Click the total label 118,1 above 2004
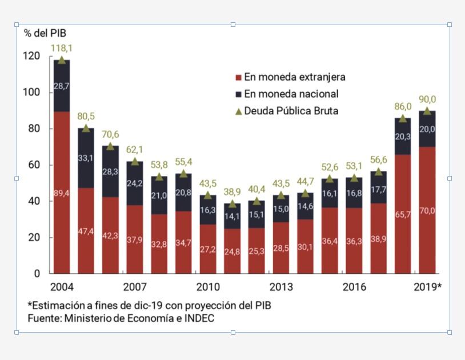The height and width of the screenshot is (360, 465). [x=62, y=48]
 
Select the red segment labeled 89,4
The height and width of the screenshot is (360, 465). [x=62, y=193]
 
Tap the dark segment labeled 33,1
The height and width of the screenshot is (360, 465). [x=86, y=158]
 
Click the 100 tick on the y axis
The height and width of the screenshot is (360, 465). [x=32, y=92]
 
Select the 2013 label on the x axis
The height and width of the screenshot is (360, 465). [x=281, y=287]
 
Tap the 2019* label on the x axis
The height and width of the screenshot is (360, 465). [x=427, y=287]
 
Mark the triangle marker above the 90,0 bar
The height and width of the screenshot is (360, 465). [x=427, y=111]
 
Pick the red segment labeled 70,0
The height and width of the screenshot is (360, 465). [x=427, y=210]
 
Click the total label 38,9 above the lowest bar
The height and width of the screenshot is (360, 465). [x=232, y=192]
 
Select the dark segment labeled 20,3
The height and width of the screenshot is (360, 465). [x=402, y=136]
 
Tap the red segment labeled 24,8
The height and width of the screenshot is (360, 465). [x=232, y=251]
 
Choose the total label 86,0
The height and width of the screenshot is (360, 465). [x=402, y=106]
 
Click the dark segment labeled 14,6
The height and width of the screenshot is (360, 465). [x=305, y=206]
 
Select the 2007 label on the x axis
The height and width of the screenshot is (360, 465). [x=135, y=287]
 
